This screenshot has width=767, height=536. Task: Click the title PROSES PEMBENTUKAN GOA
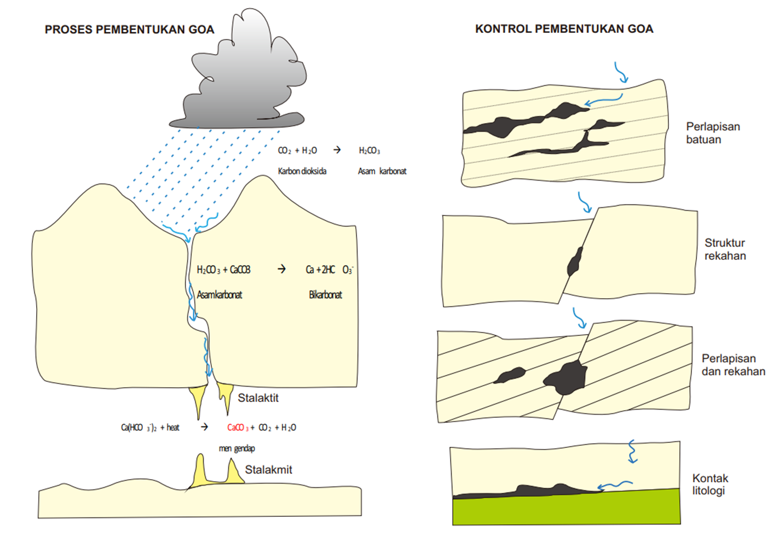129,30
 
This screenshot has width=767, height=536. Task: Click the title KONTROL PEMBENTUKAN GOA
564,29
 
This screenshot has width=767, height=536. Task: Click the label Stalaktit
258,398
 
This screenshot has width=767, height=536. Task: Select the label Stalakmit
268,470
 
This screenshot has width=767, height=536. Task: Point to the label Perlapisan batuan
712,133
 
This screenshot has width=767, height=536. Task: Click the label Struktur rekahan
725,249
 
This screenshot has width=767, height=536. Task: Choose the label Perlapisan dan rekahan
733,365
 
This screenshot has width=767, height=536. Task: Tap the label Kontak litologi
710,485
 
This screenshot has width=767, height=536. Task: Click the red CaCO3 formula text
238,428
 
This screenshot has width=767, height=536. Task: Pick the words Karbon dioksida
302,171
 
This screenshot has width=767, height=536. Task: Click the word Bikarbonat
325,295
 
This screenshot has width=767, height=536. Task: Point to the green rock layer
567,509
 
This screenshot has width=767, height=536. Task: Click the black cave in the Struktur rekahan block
575,261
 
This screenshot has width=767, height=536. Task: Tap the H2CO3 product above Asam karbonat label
369,150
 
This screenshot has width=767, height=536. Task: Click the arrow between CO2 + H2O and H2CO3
337,150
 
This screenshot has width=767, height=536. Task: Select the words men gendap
237,448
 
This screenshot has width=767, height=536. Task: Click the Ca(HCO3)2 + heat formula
150,428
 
